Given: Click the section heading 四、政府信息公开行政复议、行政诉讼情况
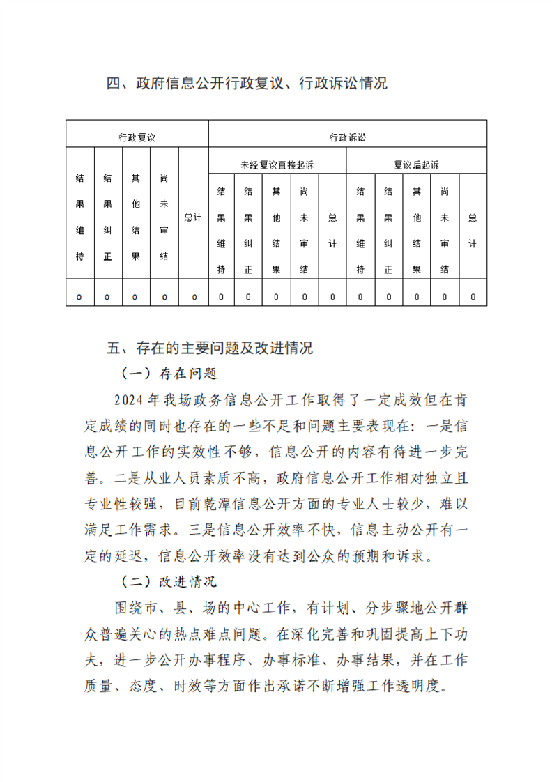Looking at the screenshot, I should [x=247, y=84].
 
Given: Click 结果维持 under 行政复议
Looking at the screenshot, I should [x=79, y=217].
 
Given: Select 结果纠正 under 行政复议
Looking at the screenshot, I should [x=107, y=217].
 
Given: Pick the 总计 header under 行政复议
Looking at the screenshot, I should [x=193, y=217].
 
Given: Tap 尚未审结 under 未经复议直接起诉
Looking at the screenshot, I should [x=305, y=230].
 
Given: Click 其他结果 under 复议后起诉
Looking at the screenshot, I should [x=417, y=230].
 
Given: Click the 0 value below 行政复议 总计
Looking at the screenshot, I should [x=194, y=297].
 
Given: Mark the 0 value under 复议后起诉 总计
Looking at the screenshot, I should [x=473, y=297].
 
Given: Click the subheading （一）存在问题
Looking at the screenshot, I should [x=170, y=373].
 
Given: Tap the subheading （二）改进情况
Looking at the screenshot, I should [x=170, y=581].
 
